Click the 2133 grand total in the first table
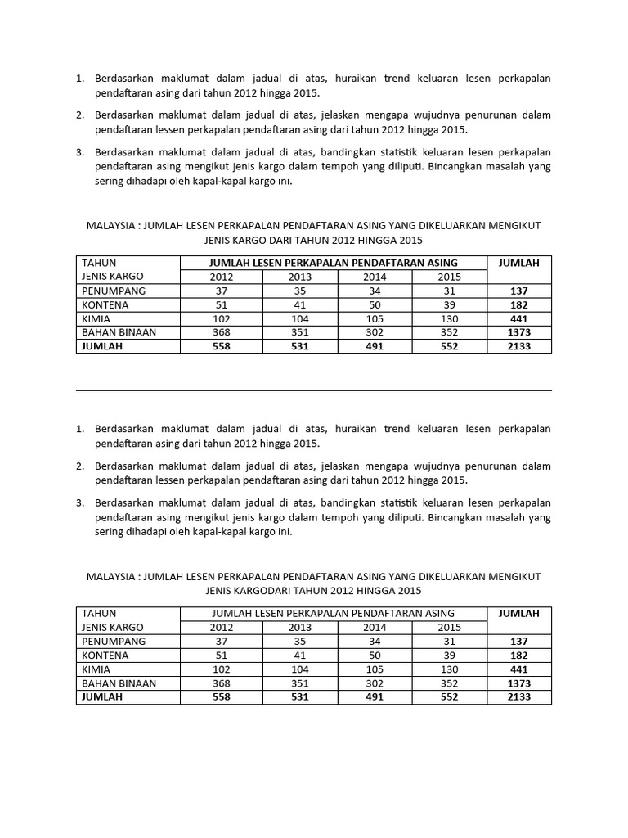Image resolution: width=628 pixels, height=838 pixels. [518, 346]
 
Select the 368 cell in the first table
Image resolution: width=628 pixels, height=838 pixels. [221, 332]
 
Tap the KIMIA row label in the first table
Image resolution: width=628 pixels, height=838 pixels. [96, 318]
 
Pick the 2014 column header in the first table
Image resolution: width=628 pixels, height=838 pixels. [375, 277]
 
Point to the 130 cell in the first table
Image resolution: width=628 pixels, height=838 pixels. [449, 318]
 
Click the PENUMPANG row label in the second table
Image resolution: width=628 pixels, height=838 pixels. [114, 641]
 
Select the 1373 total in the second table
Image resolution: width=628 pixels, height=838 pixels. [518, 683]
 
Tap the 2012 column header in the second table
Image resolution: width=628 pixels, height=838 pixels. [221, 627]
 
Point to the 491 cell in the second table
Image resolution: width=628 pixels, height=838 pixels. [375, 696]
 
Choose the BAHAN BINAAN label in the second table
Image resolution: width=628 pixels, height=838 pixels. [119, 683]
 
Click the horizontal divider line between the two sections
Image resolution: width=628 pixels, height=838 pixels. [314, 390]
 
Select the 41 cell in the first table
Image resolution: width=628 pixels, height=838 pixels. [299, 304]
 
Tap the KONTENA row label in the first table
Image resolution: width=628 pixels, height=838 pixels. [105, 304]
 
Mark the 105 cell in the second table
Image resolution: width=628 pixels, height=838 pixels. [375, 669]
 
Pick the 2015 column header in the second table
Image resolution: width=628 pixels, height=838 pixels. [449, 627]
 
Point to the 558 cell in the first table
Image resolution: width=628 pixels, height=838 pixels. [221, 346]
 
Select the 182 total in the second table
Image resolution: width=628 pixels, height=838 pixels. [518, 655]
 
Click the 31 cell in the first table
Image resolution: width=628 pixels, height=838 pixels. [449, 291]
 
